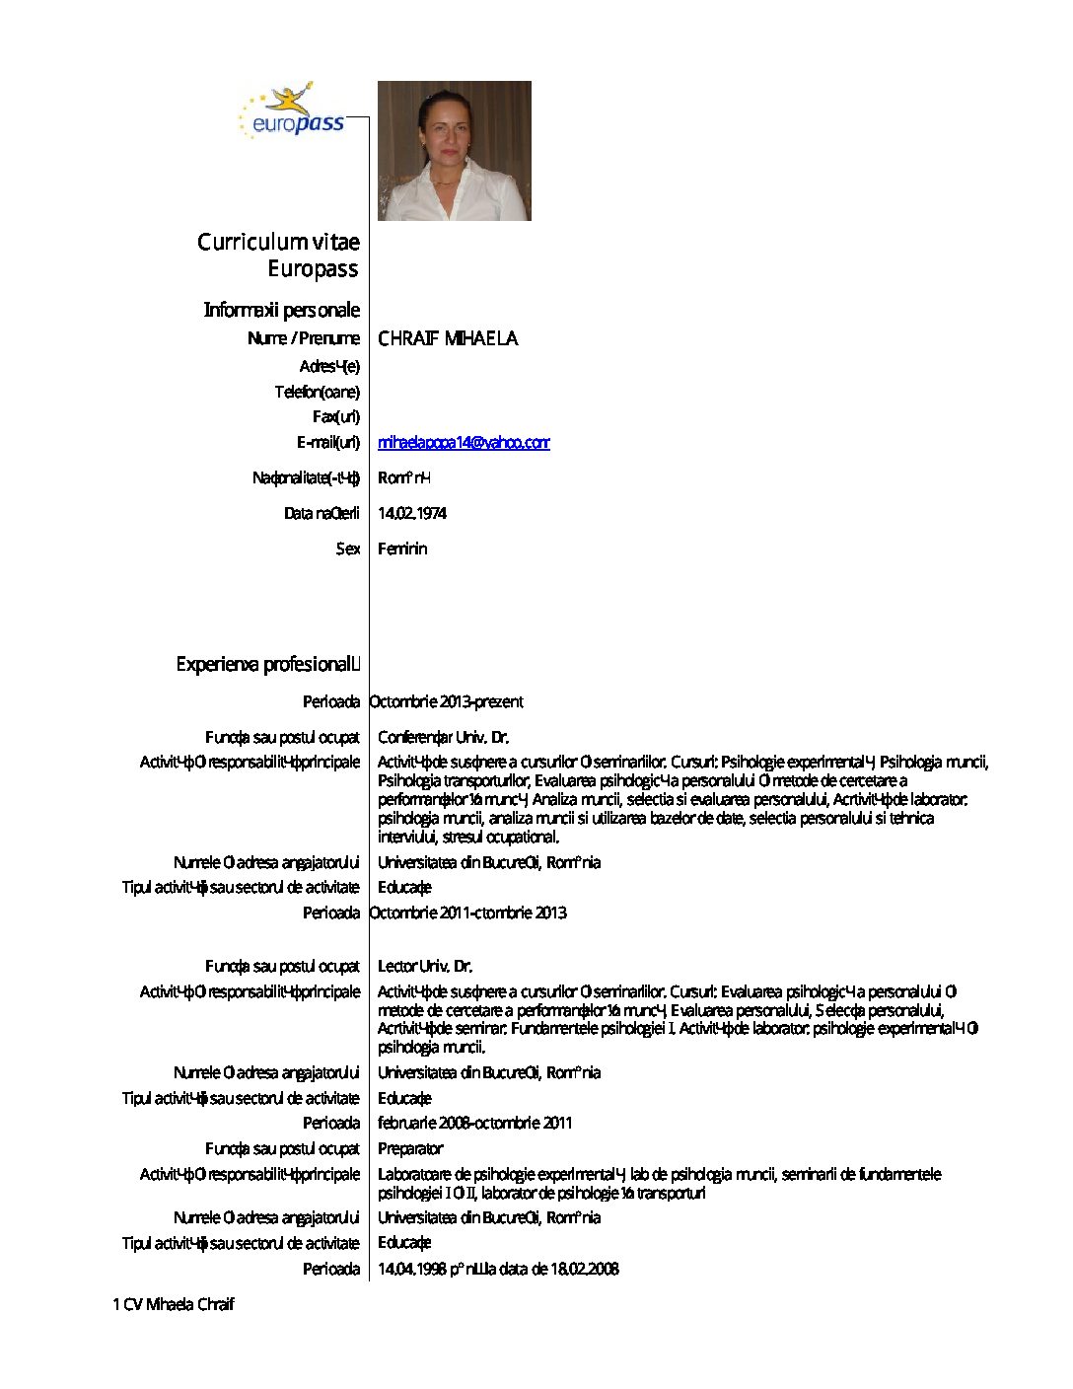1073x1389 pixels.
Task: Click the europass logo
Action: (292, 111)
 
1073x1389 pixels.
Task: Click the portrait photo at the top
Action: (454, 150)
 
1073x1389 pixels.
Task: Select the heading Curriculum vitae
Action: (278, 242)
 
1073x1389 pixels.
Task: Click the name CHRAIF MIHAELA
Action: (448, 338)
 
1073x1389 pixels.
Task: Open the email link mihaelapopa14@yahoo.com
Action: (464, 442)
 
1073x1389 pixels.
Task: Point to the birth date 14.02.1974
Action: (412, 513)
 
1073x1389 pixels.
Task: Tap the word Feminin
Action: (402, 548)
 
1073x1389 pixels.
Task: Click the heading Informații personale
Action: (281, 310)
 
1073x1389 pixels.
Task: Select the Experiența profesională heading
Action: (267, 664)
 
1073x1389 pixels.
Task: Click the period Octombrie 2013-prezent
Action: (446, 701)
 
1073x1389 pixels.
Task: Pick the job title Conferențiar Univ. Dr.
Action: (443, 737)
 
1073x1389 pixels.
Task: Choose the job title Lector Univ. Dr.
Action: (425, 966)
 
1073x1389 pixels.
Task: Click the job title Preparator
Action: (410, 1148)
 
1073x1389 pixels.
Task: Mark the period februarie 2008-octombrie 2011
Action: (474, 1123)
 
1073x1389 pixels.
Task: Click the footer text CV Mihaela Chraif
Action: (178, 1304)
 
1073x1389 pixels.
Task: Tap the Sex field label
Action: (347, 548)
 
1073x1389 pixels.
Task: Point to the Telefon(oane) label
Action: (317, 392)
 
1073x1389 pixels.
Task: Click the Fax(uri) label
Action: (335, 416)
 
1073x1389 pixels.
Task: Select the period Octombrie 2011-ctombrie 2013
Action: (467, 913)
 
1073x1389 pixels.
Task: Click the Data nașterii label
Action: (322, 513)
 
